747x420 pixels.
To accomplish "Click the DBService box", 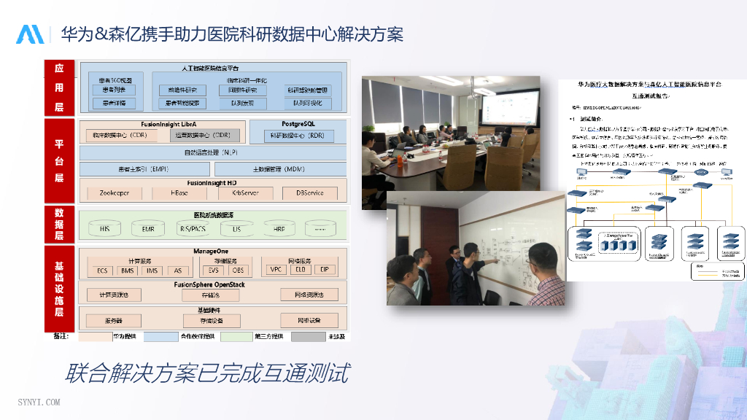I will [x=310, y=193].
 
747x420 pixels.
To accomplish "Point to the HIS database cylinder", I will [x=104, y=229].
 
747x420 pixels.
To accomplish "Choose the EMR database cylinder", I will [x=148, y=229].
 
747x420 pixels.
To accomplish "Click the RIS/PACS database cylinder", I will [x=193, y=229].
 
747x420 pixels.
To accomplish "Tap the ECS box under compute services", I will [x=101, y=270].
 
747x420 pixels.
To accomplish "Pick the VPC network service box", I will [x=276, y=270].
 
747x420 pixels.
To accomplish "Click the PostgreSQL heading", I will [x=297, y=124].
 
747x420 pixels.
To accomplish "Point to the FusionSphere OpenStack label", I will [x=209, y=284].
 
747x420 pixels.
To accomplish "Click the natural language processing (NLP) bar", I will [x=210, y=152].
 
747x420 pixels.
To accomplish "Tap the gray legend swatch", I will [x=308, y=337].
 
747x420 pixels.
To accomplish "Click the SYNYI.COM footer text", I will [x=39, y=402].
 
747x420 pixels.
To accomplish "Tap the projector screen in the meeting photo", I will [x=511, y=103].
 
